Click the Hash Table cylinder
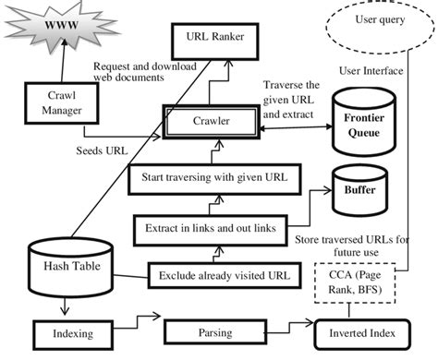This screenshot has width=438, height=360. pyautogui.click(x=68, y=267)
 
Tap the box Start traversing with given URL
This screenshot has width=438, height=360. pyautogui.click(x=215, y=176)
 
